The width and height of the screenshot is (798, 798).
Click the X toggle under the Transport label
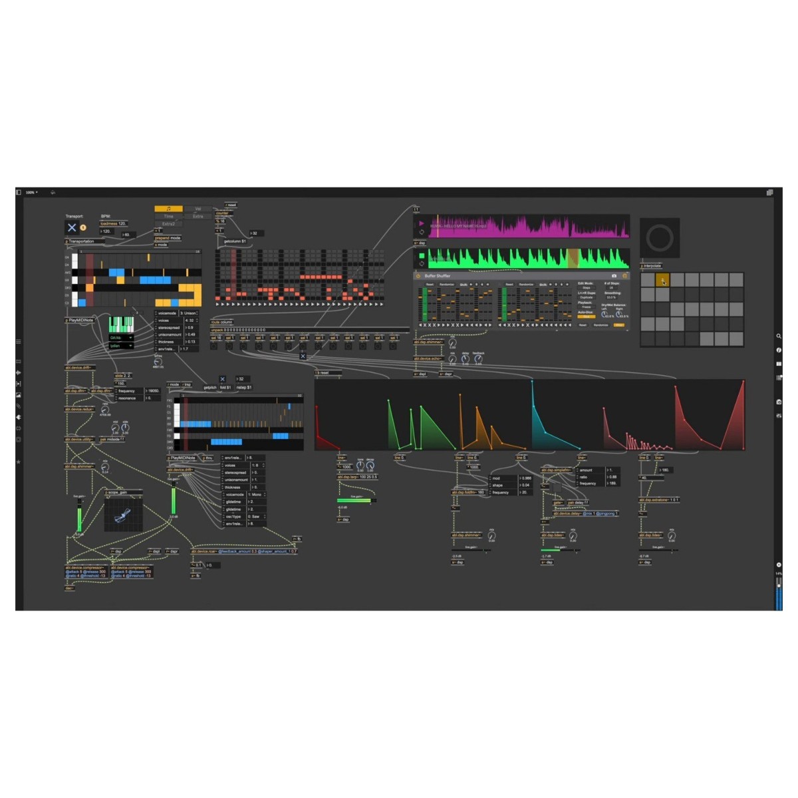[72, 227]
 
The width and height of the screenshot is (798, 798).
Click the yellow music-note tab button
[168, 209]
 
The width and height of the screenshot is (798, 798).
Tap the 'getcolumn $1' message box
[235, 241]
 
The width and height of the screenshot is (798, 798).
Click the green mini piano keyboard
[121, 325]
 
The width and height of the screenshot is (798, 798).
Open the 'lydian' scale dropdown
[121, 346]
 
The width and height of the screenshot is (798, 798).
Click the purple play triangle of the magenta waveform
[421, 223]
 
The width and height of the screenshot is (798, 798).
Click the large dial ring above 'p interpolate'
[659, 238]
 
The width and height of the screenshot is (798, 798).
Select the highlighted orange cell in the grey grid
[662, 281]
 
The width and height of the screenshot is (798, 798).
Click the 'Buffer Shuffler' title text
[438, 276]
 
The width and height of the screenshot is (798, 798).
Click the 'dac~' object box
[69, 588]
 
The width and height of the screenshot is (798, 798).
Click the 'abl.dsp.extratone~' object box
[658, 500]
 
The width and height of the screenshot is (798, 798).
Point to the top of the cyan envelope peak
[532, 382]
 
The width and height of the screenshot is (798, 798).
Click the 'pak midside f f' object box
[112, 440]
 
